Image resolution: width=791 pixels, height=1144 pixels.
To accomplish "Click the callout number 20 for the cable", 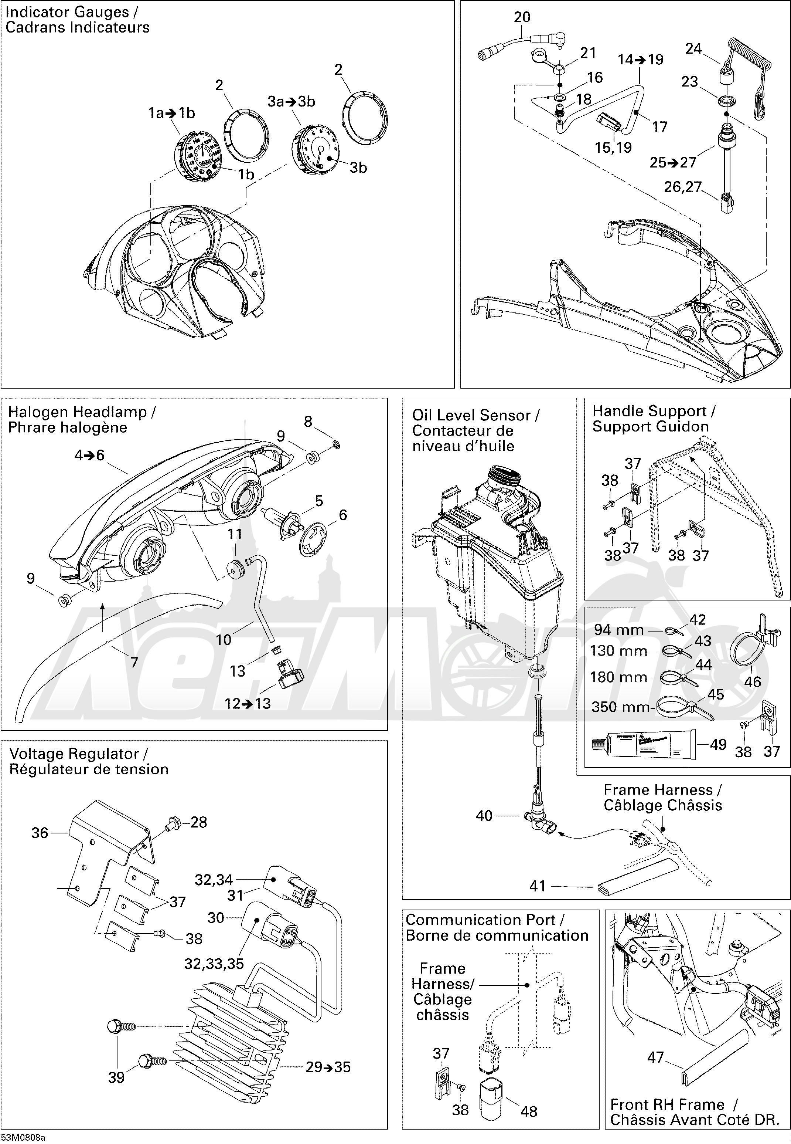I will tap(522, 17).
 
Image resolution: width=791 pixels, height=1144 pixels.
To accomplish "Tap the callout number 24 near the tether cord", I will tap(693, 48).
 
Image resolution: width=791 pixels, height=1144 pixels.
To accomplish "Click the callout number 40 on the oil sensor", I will tap(484, 816).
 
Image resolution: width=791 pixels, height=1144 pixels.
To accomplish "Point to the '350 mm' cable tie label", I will tap(620, 707).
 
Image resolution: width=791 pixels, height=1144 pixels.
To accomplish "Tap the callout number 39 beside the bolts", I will tap(116, 1077).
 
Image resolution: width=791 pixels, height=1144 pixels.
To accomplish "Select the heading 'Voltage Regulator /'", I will tap(78, 754).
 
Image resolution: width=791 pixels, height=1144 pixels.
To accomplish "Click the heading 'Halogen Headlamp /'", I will tap(82, 412).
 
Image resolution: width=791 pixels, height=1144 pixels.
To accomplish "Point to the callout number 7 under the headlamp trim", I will tap(134, 661).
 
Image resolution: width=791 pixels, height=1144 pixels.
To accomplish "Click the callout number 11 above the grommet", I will tap(235, 534).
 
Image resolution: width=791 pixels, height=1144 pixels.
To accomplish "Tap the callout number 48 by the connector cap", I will tap(529, 1111).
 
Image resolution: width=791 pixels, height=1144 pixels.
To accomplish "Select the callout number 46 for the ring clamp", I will tap(752, 681).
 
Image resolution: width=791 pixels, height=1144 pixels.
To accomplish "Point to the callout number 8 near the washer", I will tap(308, 422).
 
